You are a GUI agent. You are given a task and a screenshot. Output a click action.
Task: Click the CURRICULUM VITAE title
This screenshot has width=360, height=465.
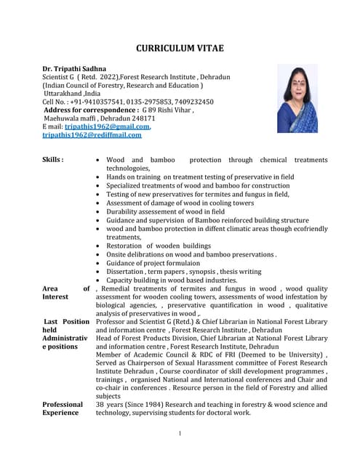180,49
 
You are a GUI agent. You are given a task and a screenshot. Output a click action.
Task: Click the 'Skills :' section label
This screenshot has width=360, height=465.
52,159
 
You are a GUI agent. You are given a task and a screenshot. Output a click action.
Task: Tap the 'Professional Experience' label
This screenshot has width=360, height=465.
63,408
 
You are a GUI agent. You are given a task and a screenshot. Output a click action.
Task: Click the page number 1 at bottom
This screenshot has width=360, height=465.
180,434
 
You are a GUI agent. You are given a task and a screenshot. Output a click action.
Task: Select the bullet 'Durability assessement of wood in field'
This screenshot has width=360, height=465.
169,211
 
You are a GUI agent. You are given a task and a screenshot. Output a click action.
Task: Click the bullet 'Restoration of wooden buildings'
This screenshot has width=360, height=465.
159,246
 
